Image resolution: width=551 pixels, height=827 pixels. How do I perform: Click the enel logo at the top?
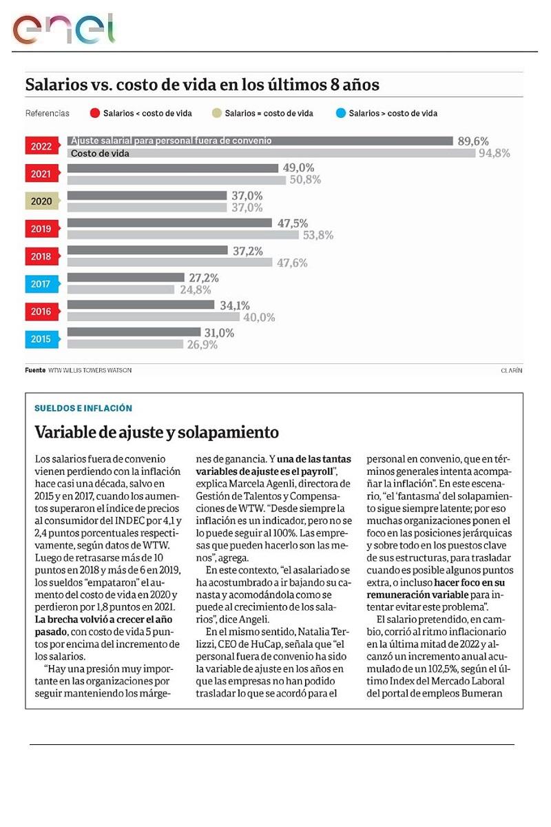point(63,29)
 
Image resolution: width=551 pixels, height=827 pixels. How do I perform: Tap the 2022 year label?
point(41,146)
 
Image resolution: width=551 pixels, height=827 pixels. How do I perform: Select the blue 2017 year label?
point(41,284)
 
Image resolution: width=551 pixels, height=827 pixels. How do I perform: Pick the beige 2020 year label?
point(41,201)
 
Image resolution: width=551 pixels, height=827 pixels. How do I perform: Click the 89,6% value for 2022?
point(472,141)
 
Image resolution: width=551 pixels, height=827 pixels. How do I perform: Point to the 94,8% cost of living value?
point(494,153)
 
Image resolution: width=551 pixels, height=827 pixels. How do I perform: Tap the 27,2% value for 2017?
point(204,278)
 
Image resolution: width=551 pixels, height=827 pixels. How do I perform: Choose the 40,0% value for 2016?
point(259,318)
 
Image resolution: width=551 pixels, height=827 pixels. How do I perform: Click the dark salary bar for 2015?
point(134,332)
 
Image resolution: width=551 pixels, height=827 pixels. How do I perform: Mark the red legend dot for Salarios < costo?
point(96,114)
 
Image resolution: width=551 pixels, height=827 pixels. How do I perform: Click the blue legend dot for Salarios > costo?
point(340,114)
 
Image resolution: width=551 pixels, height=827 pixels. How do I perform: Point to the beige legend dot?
point(217,114)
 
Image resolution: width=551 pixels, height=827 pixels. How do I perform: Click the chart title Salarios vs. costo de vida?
point(202,85)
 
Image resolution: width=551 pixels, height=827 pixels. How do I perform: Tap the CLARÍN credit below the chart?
point(511,370)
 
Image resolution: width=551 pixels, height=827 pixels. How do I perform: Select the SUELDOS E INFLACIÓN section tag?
point(83,408)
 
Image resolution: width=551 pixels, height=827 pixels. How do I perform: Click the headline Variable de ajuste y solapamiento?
point(157,432)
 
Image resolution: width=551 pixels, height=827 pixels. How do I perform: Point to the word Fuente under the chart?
point(35,370)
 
